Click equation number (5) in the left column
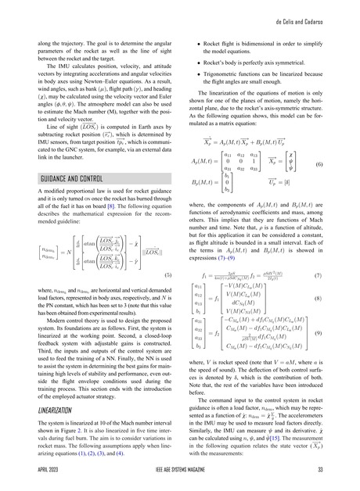click(171, 277)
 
